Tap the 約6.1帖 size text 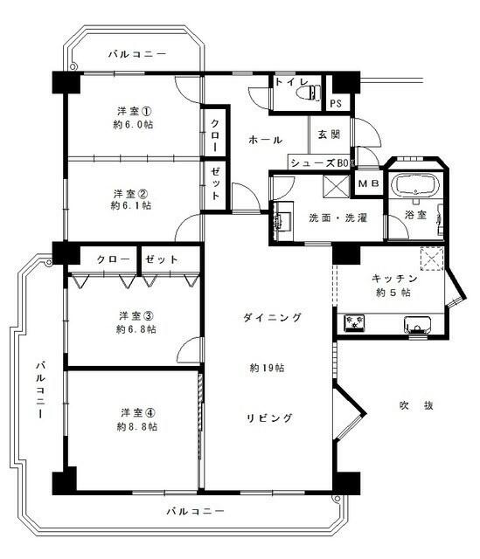pyautogui.click(x=131, y=206)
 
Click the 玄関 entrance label pyautogui.click(x=329, y=135)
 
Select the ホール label pyautogui.click(x=265, y=140)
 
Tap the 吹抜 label pyautogui.click(x=416, y=405)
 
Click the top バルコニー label pyautogui.click(x=137, y=54)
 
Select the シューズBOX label pyautogui.click(x=320, y=162)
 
